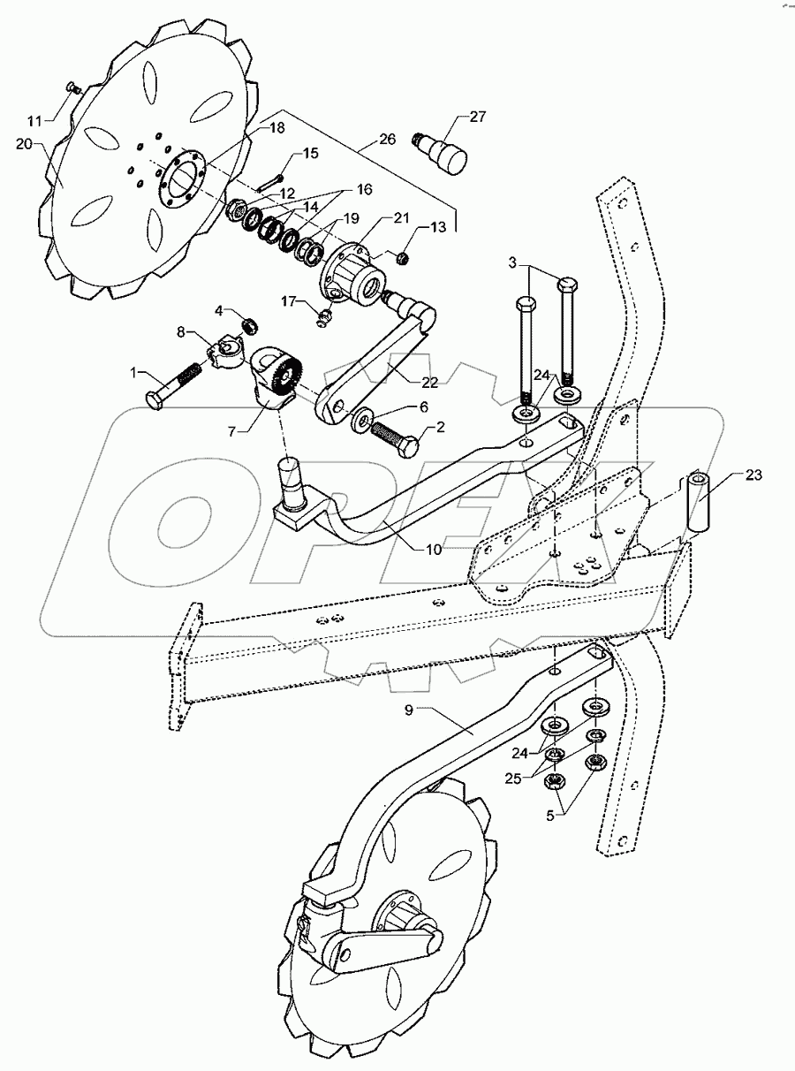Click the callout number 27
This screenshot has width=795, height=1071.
(x=478, y=117)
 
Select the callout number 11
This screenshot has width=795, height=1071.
(x=34, y=120)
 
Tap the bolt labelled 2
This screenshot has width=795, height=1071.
(x=393, y=437)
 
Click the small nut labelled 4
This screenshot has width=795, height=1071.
(x=249, y=325)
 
